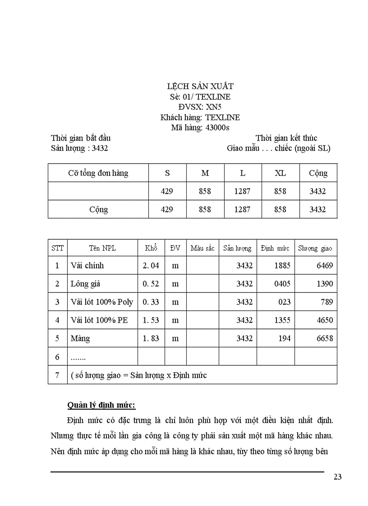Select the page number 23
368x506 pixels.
(338, 478)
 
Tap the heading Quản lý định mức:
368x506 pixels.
(101, 404)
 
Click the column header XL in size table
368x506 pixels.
(280, 173)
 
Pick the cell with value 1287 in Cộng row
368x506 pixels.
(242, 210)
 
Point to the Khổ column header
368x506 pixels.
(151, 248)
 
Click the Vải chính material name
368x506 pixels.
(87, 265)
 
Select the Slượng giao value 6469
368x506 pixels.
(324, 265)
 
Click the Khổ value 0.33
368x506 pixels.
(151, 302)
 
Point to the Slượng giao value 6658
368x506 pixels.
(324, 338)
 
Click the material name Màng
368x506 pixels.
(80, 338)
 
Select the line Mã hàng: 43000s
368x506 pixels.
(200, 128)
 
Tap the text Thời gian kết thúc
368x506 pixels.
(286, 138)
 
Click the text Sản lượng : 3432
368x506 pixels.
(79, 148)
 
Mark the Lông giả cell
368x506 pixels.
(85, 284)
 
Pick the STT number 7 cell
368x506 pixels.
(57, 375)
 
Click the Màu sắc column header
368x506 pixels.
(202, 248)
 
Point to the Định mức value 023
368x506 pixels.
(284, 302)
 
